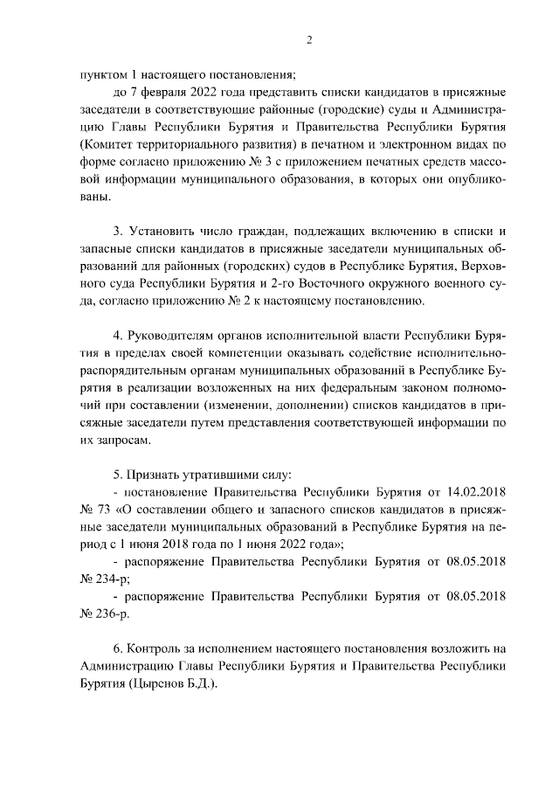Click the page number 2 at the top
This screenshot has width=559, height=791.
pyautogui.click(x=309, y=39)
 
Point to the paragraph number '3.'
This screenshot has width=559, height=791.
pyautogui.click(x=120, y=232)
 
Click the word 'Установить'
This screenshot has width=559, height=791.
pyautogui.click(x=163, y=232)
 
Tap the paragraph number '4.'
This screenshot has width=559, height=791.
pyautogui.click(x=120, y=337)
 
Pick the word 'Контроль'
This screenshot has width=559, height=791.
pyautogui.click(x=155, y=651)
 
